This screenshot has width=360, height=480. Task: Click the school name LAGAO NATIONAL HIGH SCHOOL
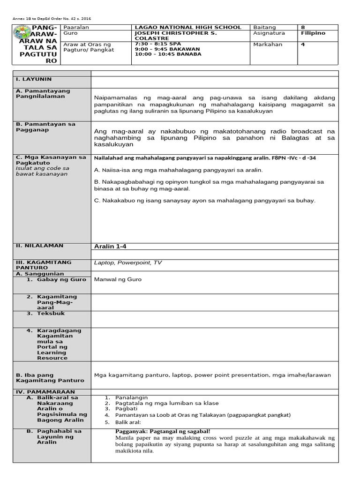[187, 27]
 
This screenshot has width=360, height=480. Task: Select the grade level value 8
[303, 27]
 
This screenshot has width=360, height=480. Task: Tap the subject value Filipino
[313, 33]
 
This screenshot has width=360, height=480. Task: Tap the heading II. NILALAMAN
[40, 246]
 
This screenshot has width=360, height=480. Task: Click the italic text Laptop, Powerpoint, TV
[128, 263]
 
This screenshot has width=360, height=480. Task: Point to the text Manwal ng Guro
[118, 279]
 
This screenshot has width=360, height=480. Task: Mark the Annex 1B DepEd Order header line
[52, 19]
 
